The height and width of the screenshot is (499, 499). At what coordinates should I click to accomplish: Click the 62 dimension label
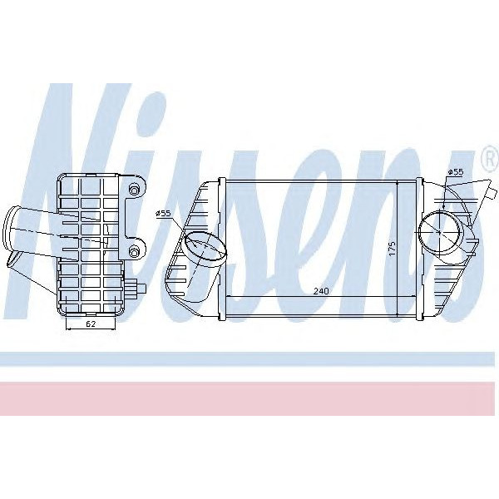tap(91, 323)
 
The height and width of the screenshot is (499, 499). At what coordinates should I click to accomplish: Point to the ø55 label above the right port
tap(455, 172)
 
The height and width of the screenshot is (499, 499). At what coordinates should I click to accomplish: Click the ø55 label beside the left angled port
tap(163, 214)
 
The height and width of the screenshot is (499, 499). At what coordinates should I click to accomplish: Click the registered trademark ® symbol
tap(487, 156)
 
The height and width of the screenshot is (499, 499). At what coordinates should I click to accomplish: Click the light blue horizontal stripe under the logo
tap(249, 358)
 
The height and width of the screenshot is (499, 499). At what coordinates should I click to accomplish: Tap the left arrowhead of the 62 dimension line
tap(66, 329)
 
